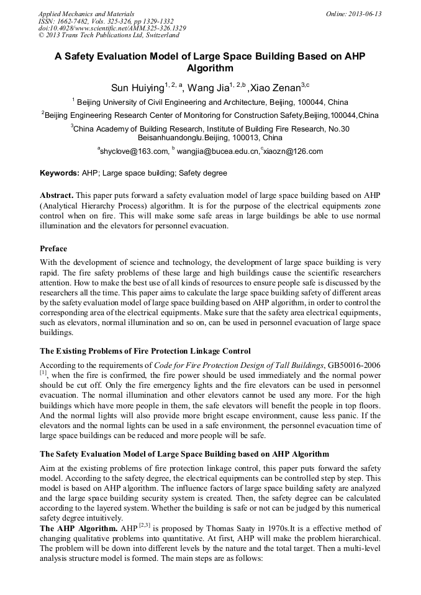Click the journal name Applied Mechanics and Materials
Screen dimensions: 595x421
tap(86, 14)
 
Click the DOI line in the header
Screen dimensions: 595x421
tap(112, 29)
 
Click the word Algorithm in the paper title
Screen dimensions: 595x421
tap(210, 68)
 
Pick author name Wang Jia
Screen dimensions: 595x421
tap(208, 88)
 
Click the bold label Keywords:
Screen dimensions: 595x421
tap(60, 173)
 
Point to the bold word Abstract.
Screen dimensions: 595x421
tap(59, 195)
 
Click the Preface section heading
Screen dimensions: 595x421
tap(53, 249)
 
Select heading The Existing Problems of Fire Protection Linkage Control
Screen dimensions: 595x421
tap(145, 351)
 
